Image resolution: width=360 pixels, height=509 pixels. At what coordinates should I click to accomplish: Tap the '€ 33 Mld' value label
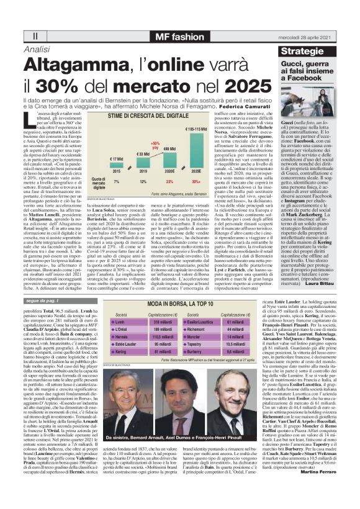(142, 154)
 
